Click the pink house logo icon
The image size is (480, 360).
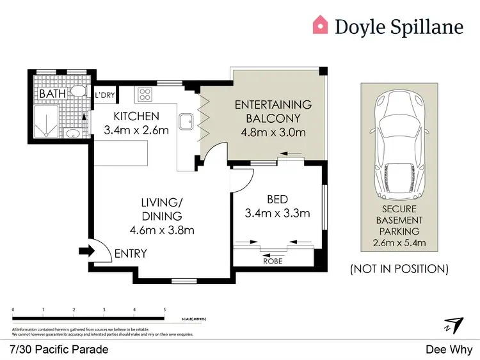(x=320, y=25)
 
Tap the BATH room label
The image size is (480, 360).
(x=52, y=94)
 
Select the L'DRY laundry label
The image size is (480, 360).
(x=105, y=95)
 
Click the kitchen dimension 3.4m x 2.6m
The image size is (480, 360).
(x=136, y=131)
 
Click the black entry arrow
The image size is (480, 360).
(x=85, y=251)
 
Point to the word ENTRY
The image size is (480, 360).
(x=131, y=254)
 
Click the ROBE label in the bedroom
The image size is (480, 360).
(x=273, y=261)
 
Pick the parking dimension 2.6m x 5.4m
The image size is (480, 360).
(x=399, y=242)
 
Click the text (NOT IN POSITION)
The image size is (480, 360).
(x=399, y=269)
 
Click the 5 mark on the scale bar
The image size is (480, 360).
(x=164, y=309)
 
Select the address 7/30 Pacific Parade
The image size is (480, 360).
(x=60, y=349)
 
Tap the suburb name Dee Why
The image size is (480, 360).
(x=449, y=349)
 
